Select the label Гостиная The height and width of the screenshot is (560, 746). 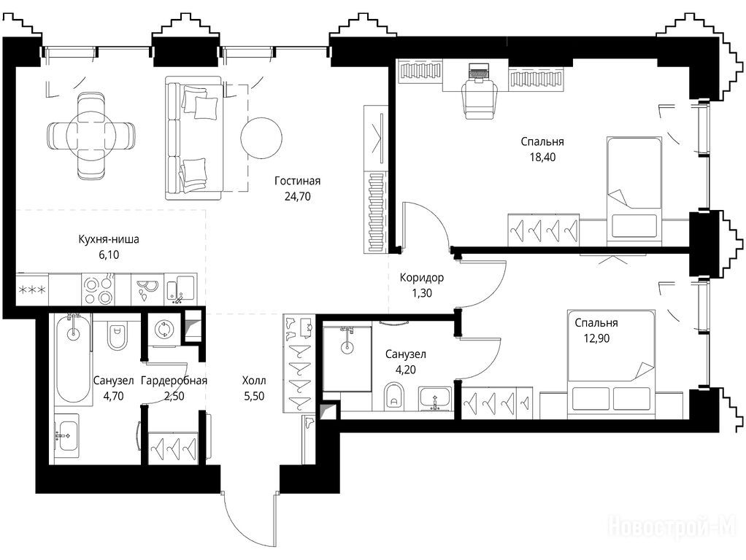click(297, 181)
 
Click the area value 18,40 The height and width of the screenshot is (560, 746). click(543, 157)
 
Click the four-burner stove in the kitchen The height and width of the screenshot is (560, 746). click(98, 289)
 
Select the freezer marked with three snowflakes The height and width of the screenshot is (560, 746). click(32, 289)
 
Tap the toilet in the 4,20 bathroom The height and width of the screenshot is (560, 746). click(394, 395)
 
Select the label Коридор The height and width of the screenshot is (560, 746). click(421, 278)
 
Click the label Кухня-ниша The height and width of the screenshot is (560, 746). click(109, 239)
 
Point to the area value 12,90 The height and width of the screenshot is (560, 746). click(596, 338)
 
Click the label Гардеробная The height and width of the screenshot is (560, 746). click(174, 381)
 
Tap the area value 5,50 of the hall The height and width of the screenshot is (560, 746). click(254, 396)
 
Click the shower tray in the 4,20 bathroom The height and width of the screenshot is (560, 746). click(347, 358)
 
